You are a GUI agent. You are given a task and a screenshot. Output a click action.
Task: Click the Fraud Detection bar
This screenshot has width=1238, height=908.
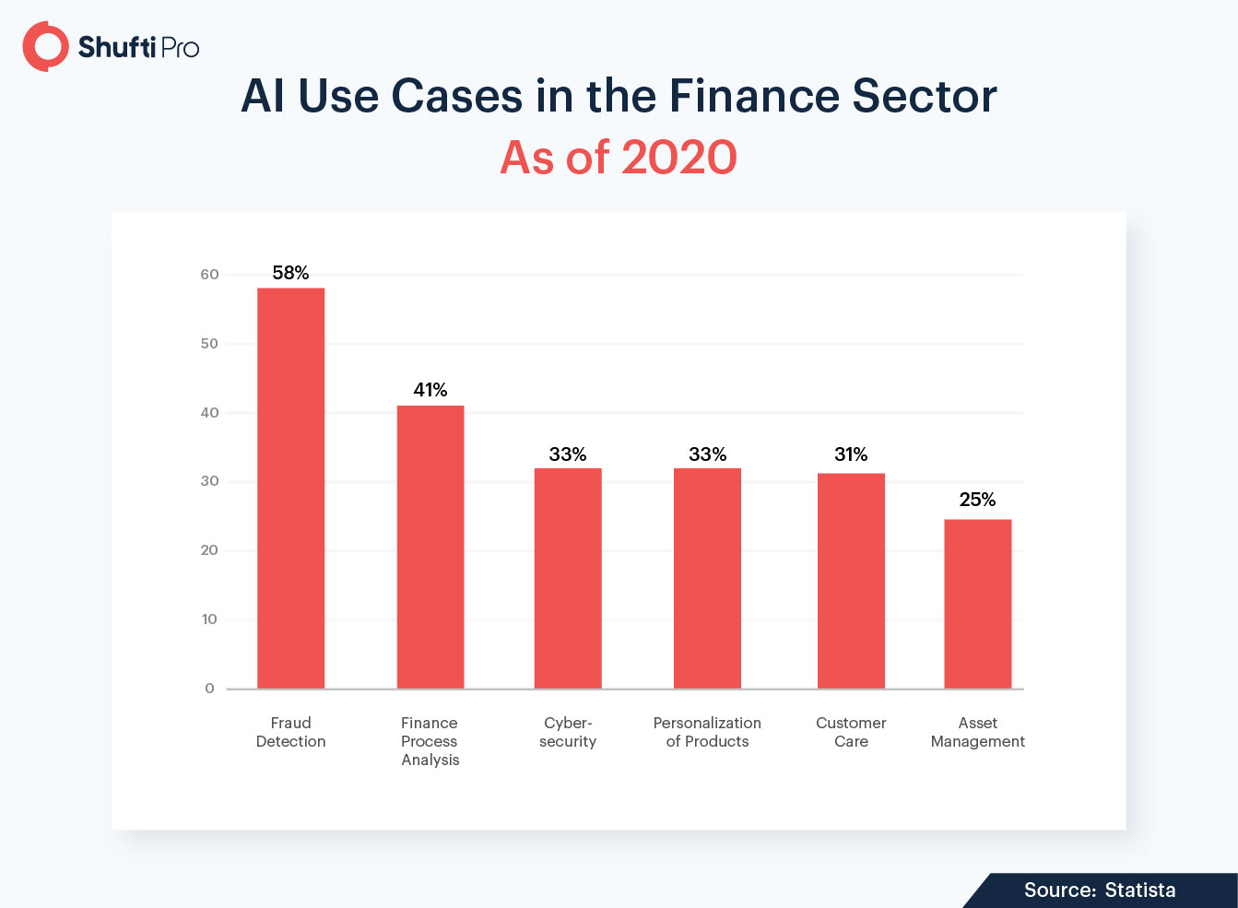[290, 489]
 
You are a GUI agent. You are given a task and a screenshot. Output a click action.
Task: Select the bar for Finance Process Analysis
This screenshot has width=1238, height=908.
[430, 547]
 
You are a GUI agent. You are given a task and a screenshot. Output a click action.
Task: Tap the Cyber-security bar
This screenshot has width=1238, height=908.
[568, 578]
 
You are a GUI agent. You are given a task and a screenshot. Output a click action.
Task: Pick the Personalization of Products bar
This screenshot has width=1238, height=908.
[707, 578]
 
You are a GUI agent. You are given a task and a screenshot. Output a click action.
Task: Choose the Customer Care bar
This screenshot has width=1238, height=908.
[851, 581]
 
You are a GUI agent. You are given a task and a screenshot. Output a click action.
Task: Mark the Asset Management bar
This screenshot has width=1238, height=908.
[978, 604]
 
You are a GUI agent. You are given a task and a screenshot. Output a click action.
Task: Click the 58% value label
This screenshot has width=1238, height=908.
[290, 273]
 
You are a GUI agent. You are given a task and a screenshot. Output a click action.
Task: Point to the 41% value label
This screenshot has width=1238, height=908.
[430, 390]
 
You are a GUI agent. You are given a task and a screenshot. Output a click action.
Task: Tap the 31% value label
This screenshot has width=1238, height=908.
[851, 454]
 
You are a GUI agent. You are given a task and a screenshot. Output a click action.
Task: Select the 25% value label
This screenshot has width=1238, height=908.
[978, 500]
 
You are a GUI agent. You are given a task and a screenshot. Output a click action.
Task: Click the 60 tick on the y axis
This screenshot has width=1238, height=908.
[209, 275]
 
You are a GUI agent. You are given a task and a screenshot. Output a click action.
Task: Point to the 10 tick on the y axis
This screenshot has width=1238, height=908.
[209, 619]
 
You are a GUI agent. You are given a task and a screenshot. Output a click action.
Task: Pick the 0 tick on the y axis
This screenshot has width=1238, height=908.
[209, 689]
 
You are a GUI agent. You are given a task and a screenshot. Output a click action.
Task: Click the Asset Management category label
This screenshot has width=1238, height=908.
[978, 732]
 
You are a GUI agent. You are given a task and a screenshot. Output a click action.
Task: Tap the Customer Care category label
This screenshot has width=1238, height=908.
[851, 732]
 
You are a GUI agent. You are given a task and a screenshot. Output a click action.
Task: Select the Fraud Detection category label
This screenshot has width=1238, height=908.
[290, 732]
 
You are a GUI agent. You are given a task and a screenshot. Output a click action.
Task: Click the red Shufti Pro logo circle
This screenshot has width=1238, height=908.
[45, 47]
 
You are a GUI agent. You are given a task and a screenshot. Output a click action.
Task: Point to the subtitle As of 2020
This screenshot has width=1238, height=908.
[619, 158]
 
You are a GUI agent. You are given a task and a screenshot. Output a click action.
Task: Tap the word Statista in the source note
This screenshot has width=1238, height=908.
[1140, 890]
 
